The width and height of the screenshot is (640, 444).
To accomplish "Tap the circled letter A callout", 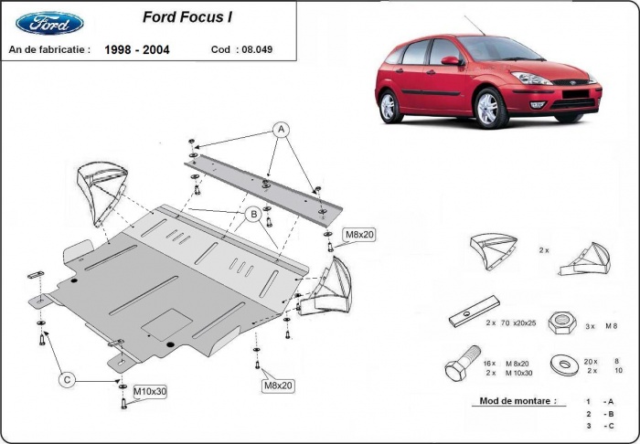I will [282, 129].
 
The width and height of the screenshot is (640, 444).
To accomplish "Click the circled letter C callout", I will [68, 379].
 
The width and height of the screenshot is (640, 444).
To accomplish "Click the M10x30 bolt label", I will [150, 392].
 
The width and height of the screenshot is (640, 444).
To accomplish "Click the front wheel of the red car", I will [488, 109].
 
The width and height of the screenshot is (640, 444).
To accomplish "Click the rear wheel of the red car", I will [389, 107].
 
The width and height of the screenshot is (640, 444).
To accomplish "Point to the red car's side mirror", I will [451, 61].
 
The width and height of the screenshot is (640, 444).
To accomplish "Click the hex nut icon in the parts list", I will [559, 322].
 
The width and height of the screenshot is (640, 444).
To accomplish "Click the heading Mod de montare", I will [517, 401].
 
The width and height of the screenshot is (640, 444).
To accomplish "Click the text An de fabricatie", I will [49, 48].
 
